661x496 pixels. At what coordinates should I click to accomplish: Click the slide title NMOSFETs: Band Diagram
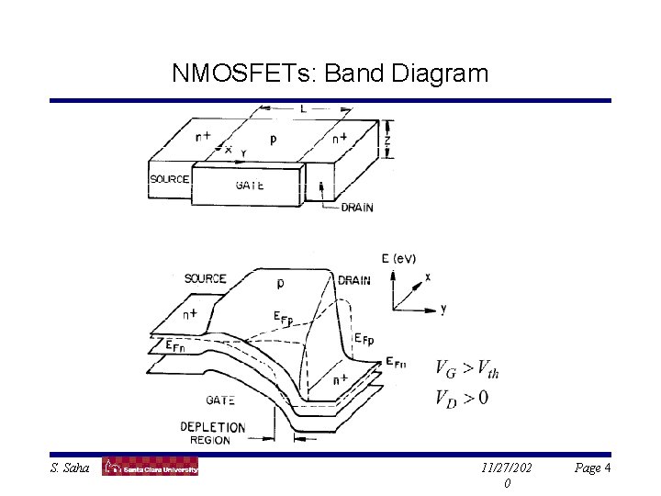tap(330, 73)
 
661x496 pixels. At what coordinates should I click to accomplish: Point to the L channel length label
tap(303, 109)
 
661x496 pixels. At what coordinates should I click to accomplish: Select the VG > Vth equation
tap(467, 370)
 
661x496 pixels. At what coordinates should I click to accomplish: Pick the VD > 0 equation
tap(462, 397)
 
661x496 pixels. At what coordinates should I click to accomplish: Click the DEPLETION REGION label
tap(212, 433)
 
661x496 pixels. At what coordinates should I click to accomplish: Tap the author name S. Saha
tap(71, 468)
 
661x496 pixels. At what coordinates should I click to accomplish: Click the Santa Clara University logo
tap(150, 468)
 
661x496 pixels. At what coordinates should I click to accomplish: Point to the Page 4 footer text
tap(593, 468)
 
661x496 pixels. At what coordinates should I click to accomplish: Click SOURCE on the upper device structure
tap(169, 179)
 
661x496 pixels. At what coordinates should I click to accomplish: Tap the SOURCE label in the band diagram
tap(205, 278)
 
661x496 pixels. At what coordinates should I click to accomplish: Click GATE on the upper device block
tap(250, 185)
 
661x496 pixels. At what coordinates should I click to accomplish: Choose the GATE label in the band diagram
tap(220, 400)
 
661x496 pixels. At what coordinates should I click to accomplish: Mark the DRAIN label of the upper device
tap(357, 208)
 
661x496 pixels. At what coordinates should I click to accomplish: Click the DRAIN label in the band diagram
tap(354, 280)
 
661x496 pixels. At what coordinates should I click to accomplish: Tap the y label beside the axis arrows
tap(443, 310)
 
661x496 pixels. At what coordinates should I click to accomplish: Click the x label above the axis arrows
tap(427, 276)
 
